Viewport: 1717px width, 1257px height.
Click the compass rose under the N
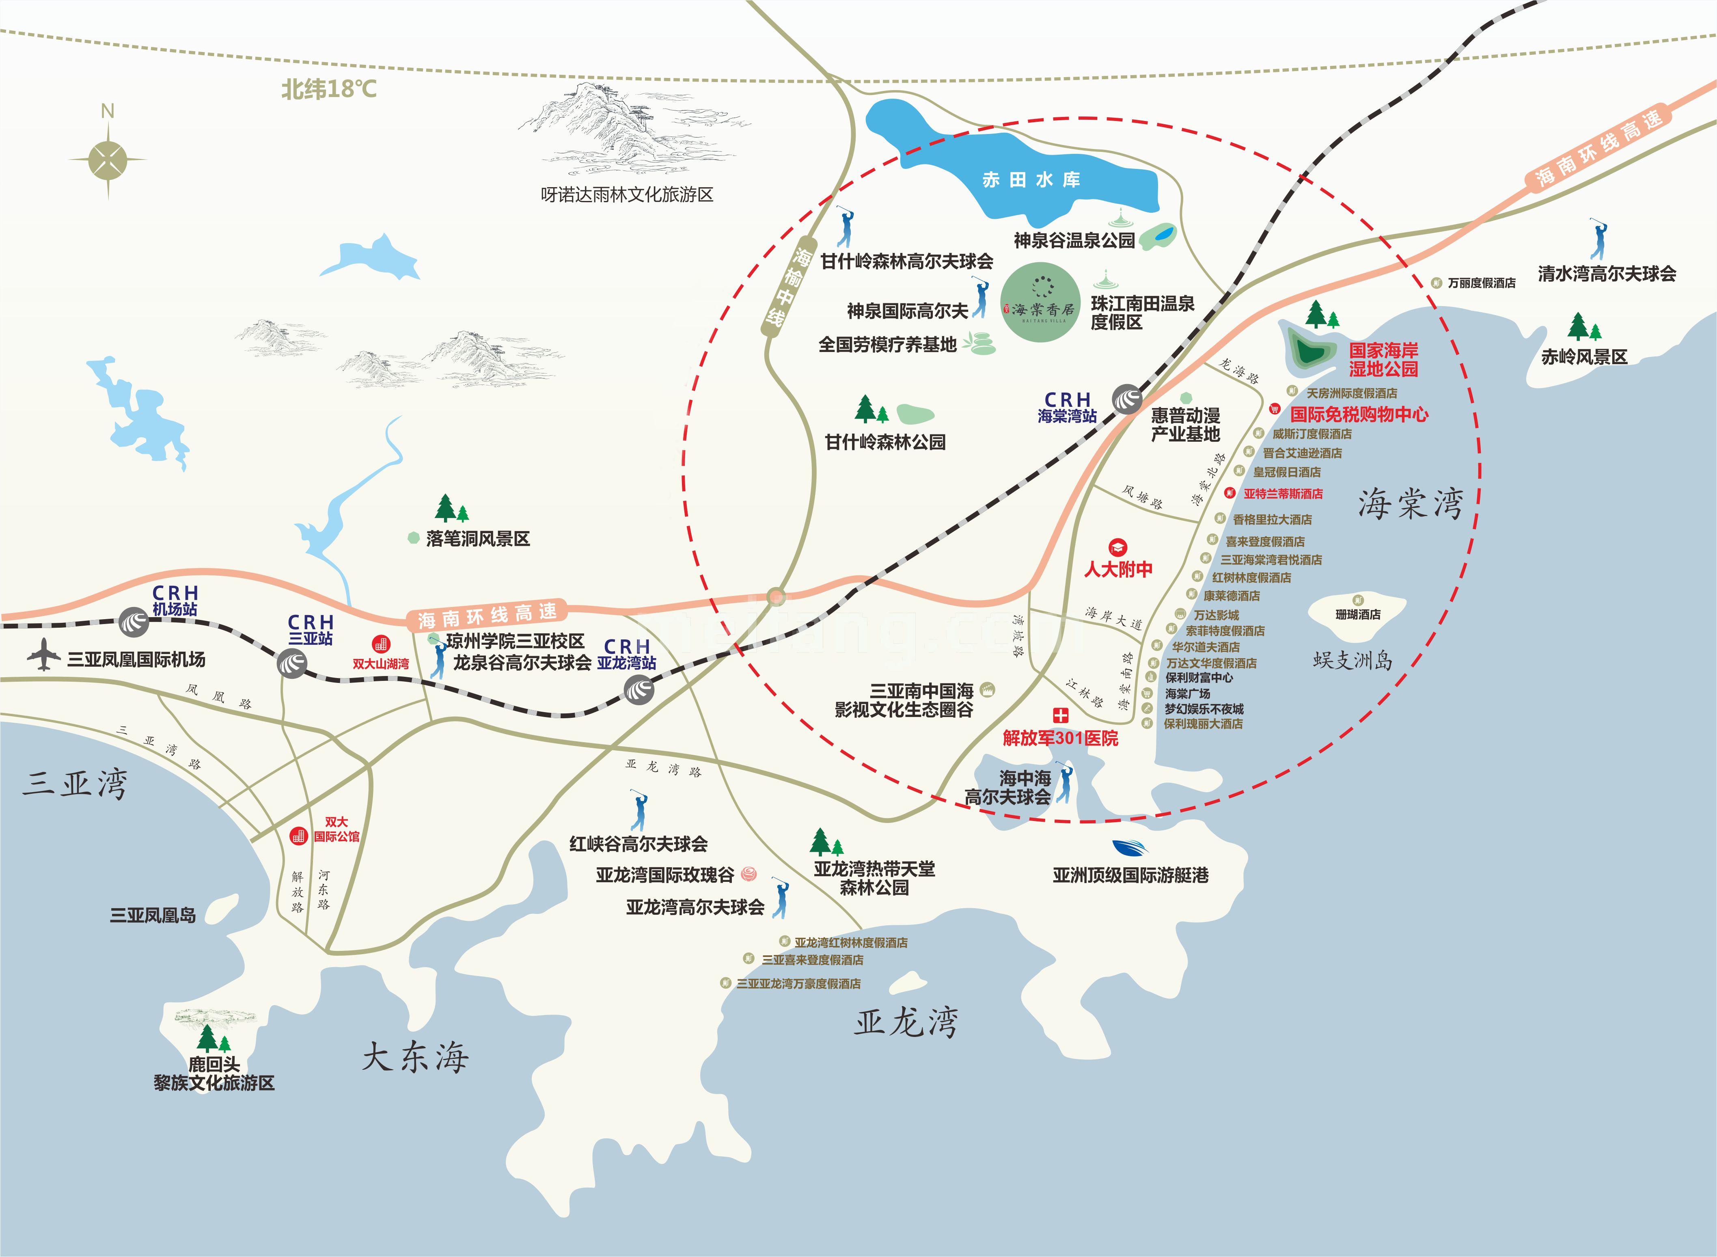(x=108, y=160)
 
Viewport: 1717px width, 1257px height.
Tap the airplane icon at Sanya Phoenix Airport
(x=44, y=655)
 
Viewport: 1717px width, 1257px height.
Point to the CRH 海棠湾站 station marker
(x=1127, y=399)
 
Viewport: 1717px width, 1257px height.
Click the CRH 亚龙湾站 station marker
(x=638, y=690)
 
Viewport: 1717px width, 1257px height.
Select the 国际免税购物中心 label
(x=1359, y=415)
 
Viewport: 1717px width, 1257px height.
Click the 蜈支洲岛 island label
(x=1352, y=660)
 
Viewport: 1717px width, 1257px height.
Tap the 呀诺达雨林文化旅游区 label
(x=627, y=195)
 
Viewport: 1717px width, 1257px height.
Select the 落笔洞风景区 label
(x=478, y=539)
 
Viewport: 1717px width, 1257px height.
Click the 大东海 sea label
(x=414, y=1057)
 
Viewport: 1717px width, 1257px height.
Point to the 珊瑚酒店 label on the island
(x=1358, y=614)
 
